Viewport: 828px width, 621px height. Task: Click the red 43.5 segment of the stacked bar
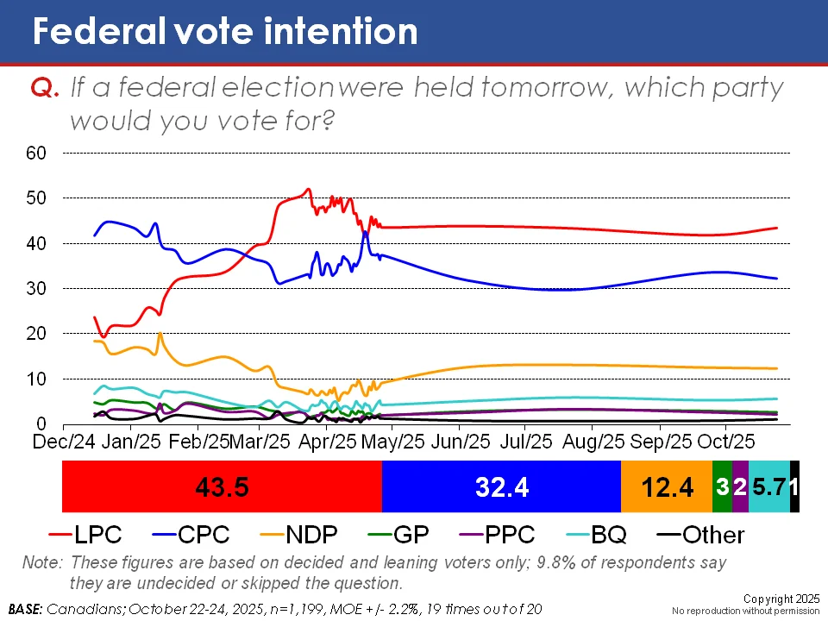[222, 487]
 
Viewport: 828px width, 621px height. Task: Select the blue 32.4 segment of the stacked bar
[501, 487]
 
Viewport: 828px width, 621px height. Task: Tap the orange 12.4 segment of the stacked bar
[667, 487]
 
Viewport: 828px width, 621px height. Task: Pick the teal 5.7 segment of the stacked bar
[768, 487]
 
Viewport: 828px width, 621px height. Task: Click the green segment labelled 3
[722, 487]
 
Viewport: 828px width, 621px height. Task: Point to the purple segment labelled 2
[740, 487]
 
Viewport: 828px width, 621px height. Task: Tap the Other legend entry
[699, 535]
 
